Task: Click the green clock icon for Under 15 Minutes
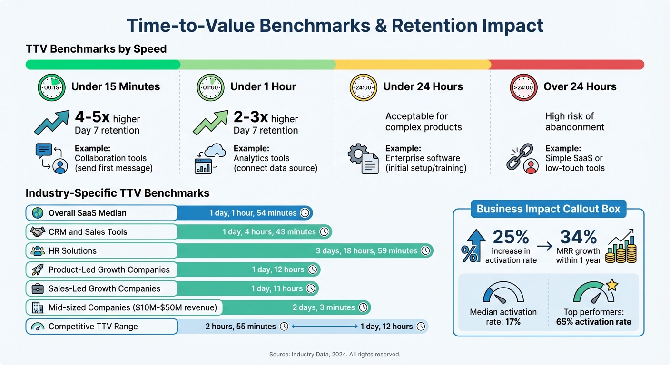[x=51, y=87]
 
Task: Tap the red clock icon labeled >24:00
[x=523, y=87]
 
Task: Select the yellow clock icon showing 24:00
[x=363, y=87]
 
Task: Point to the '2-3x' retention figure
[x=250, y=117]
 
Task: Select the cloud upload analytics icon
[x=209, y=159]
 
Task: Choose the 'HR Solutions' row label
[x=72, y=251]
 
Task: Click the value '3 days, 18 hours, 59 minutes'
[x=366, y=251]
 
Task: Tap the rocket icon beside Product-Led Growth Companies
[x=38, y=270]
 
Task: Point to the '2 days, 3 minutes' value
[x=324, y=307]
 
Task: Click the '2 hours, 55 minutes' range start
[x=240, y=327]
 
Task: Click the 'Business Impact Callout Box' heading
[x=548, y=209]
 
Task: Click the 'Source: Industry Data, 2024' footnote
[x=335, y=354]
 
